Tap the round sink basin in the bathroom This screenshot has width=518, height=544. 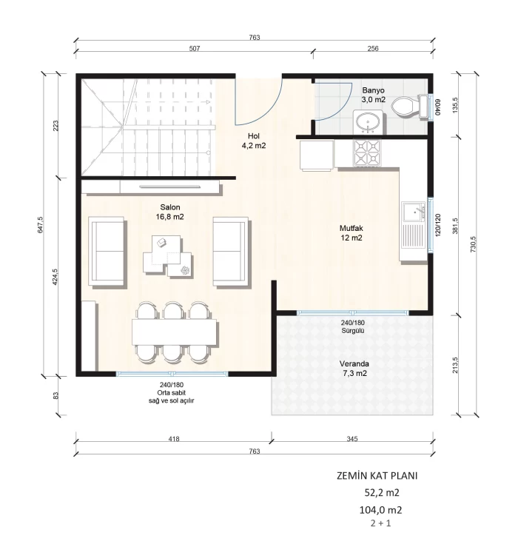(x=368, y=123)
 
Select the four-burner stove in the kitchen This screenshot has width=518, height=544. (x=367, y=153)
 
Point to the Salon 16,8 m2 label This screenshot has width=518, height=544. (x=170, y=212)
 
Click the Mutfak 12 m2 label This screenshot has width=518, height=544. (x=351, y=233)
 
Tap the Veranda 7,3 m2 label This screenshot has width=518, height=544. (x=354, y=369)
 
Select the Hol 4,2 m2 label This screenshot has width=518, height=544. (x=254, y=141)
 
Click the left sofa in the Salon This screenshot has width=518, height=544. (x=107, y=251)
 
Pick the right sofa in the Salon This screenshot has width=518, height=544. (x=231, y=252)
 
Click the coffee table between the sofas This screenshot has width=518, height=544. (x=167, y=255)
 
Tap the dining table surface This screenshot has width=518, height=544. (x=175, y=332)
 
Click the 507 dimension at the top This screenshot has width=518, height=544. (x=195, y=48)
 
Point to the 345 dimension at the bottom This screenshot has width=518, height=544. (x=351, y=439)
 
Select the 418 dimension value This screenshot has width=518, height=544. (x=173, y=439)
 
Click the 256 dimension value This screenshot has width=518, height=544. (x=373, y=48)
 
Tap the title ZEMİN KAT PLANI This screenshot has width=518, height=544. (x=377, y=476)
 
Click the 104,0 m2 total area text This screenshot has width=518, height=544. (x=380, y=510)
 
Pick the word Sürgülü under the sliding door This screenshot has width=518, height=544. (x=352, y=331)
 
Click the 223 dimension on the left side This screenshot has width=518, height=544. (x=55, y=125)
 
